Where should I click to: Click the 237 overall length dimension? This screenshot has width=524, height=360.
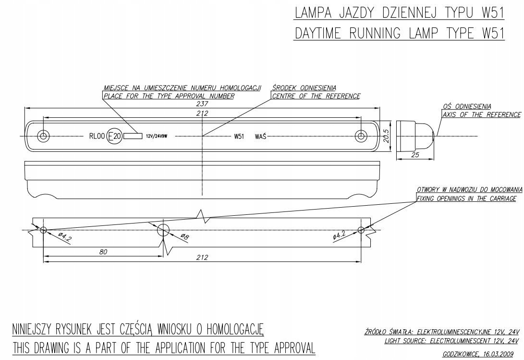click(x=202, y=103)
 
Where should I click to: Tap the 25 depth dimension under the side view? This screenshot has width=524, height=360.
click(x=415, y=155)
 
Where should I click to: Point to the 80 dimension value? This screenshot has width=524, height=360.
click(x=103, y=251)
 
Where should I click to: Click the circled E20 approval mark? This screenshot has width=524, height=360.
click(x=114, y=137)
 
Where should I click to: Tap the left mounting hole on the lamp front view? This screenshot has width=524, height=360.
click(x=44, y=136)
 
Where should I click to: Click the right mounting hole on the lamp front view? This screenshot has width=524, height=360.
click(x=361, y=136)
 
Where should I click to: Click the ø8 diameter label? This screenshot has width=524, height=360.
click(x=185, y=236)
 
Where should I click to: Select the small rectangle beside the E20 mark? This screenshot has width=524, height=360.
click(x=133, y=136)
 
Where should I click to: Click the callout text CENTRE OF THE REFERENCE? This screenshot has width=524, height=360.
click(x=316, y=96)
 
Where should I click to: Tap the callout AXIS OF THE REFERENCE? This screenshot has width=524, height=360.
click(x=481, y=114)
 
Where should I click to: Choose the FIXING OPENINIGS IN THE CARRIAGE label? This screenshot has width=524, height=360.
click(x=466, y=199)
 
